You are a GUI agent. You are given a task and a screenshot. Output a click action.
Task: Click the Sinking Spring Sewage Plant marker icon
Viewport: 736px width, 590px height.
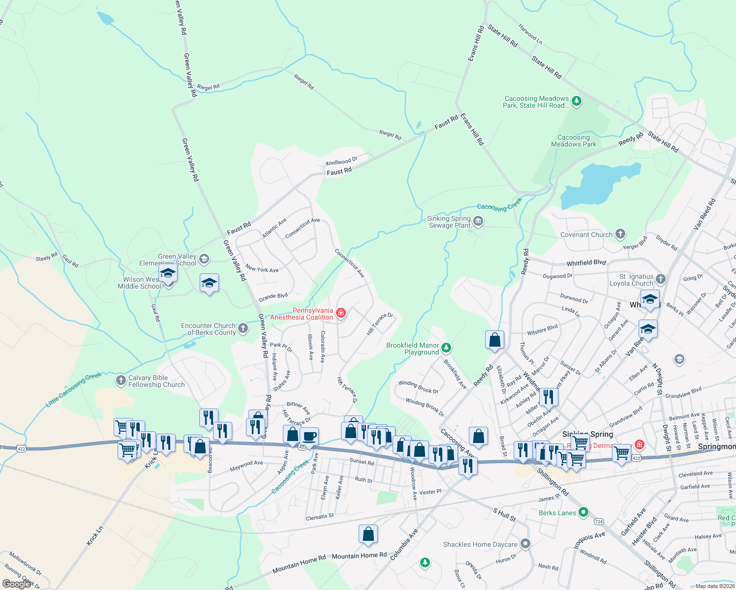click(478, 222)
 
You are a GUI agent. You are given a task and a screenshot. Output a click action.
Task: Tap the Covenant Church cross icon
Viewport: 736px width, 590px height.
click(620, 234)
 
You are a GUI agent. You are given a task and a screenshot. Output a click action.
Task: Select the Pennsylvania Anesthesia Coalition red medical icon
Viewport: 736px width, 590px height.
click(340, 313)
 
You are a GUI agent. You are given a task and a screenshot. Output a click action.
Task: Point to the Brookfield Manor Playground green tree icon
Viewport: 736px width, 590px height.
click(446, 348)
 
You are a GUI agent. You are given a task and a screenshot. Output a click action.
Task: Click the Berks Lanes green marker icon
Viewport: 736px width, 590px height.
click(583, 512)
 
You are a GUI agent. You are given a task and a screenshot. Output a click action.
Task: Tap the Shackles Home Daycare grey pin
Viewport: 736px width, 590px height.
click(525, 544)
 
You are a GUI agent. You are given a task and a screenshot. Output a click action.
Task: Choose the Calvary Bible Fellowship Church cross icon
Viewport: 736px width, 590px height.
click(121, 381)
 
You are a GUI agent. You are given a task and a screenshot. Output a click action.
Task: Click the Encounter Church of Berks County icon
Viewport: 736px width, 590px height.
click(243, 328)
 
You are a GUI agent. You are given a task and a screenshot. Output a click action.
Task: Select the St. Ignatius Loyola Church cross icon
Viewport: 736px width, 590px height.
click(661, 279)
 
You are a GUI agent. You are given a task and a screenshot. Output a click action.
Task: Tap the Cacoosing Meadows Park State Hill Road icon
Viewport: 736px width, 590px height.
click(577, 101)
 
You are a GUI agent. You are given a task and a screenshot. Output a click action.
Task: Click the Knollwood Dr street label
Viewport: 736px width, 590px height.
click(341, 161)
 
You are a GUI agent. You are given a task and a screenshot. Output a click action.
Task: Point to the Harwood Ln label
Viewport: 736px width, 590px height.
click(530, 34)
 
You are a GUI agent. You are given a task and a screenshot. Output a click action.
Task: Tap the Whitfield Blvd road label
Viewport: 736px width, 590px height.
click(586, 263)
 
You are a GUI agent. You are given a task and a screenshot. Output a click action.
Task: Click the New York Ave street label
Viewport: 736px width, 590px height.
click(262, 269)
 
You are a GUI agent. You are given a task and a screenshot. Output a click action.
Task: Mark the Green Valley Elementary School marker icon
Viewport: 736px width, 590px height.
click(204, 259)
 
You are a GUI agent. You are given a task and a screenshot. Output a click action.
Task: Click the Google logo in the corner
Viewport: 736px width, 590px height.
click(16, 584)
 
